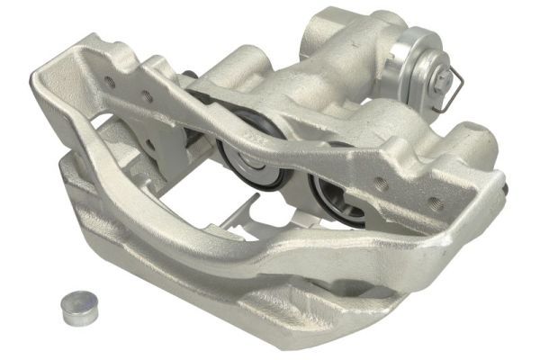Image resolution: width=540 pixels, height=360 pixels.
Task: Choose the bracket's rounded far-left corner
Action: click(x=41, y=85)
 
